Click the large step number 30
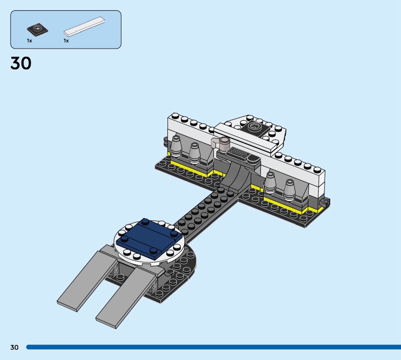coord(21,63)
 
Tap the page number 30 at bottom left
coord(15,347)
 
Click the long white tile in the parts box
coord(84,26)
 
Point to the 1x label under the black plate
coord(30,41)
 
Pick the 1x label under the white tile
coord(66,41)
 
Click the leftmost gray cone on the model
coord(176,146)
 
